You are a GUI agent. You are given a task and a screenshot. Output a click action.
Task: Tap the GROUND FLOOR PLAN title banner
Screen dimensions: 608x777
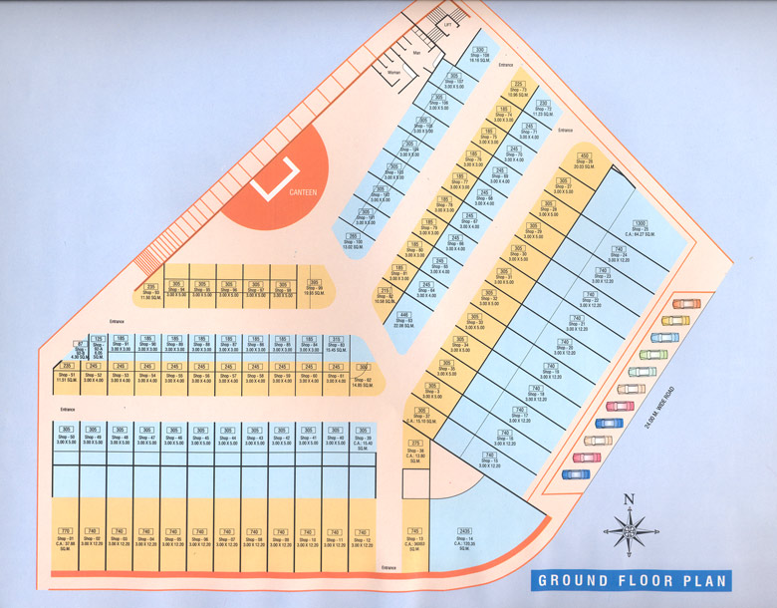click(x=633, y=580)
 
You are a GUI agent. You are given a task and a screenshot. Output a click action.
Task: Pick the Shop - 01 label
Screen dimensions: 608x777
click(x=66, y=539)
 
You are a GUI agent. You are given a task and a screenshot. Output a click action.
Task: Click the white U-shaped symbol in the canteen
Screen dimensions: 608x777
click(x=275, y=175)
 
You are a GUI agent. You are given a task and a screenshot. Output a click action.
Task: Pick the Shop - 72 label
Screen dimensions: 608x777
click(x=544, y=110)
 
